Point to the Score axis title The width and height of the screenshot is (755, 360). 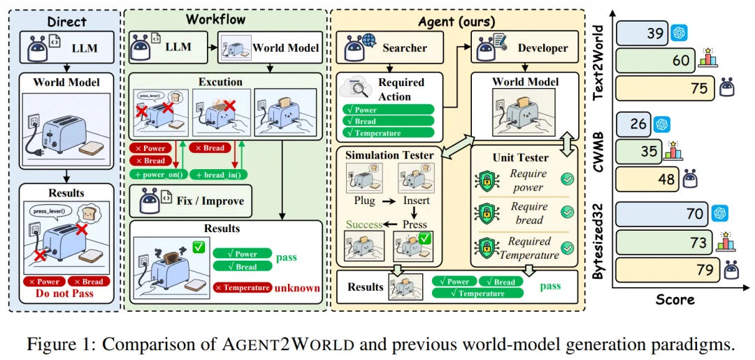pyautogui.click(x=675, y=300)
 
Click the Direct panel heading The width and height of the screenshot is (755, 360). pyautogui.click(x=66, y=22)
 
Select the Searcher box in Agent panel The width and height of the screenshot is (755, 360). pyautogui.click(x=391, y=48)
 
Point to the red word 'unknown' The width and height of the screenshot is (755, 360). pyautogui.click(x=297, y=287)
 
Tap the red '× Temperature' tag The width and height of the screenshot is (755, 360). pyautogui.click(x=243, y=287)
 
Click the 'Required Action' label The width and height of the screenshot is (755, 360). pyautogui.click(x=401, y=89)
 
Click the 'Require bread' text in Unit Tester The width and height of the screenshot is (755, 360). pyautogui.click(x=529, y=213)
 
